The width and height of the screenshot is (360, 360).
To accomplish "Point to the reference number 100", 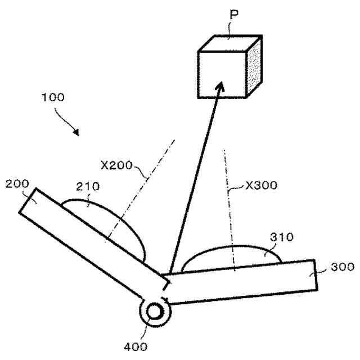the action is click(52, 96).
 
